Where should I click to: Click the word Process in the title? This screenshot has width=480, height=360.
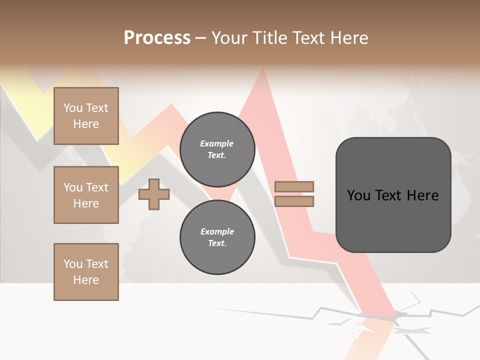click(157, 38)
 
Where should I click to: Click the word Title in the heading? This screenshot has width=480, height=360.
click(269, 38)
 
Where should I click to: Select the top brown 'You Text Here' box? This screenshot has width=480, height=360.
click(86, 116)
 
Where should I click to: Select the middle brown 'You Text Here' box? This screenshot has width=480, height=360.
click(86, 195)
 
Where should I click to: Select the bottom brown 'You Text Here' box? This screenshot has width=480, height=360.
click(86, 272)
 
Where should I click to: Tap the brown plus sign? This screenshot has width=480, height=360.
click(154, 194)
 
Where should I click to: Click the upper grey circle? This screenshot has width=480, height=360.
click(217, 149)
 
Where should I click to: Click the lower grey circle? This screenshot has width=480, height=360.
click(217, 237)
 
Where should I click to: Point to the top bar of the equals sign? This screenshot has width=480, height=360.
click(294, 186)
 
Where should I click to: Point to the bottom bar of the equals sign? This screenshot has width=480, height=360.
click(294, 201)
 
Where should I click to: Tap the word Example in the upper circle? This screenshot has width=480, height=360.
click(216, 143)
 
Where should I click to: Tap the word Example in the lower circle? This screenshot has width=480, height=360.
click(217, 231)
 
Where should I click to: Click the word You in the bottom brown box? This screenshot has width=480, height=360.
click(73, 264)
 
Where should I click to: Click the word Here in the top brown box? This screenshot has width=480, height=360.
click(86, 124)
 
